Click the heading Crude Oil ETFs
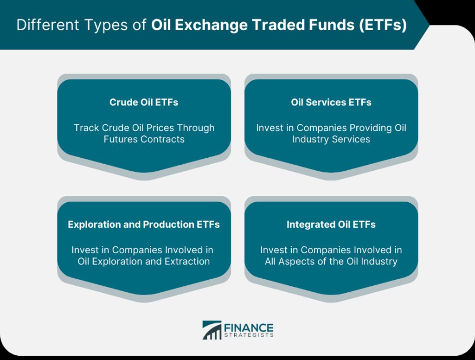tap(144, 102)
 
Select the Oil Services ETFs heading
tap(331, 102)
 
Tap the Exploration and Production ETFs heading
tap(144, 224)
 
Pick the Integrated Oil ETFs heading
tap(331, 225)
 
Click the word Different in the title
tap(48, 25)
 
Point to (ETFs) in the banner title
tap(383, 25)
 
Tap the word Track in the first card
tap(86, 128)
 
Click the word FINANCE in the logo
tap(249, 328)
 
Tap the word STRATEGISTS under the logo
tap(249, 335)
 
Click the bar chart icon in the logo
tap(212, 330)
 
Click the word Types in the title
tap(106, 25)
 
